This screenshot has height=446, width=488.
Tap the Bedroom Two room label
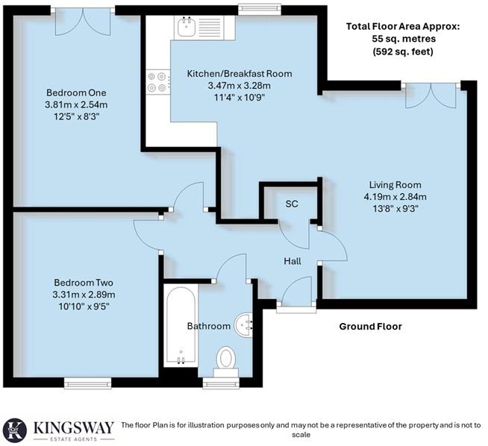[84, 283]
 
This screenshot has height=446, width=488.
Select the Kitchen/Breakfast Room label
[239, 74]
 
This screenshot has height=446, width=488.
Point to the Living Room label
[395, 185]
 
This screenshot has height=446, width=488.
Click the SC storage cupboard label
[293, 204]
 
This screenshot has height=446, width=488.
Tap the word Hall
[292, 261]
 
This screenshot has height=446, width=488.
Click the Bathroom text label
[208, 326]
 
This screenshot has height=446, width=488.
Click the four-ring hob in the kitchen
[157, 81]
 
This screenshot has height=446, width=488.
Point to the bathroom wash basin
[245, 324]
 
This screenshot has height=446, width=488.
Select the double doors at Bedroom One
[84, 19]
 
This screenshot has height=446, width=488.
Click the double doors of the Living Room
[430, 95]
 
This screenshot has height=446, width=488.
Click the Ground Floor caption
[370, 327]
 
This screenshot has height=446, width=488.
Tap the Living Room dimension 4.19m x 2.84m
[395, 197]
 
